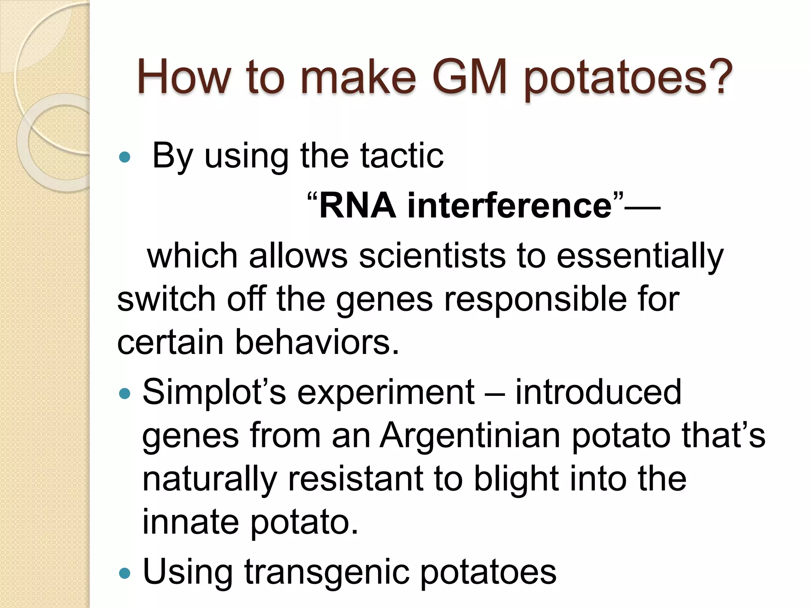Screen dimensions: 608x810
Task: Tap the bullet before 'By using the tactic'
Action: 124,157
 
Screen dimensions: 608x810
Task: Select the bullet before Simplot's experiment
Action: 124,394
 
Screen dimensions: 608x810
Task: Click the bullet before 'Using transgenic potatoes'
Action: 124,573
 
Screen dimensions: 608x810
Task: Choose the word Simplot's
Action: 214,393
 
